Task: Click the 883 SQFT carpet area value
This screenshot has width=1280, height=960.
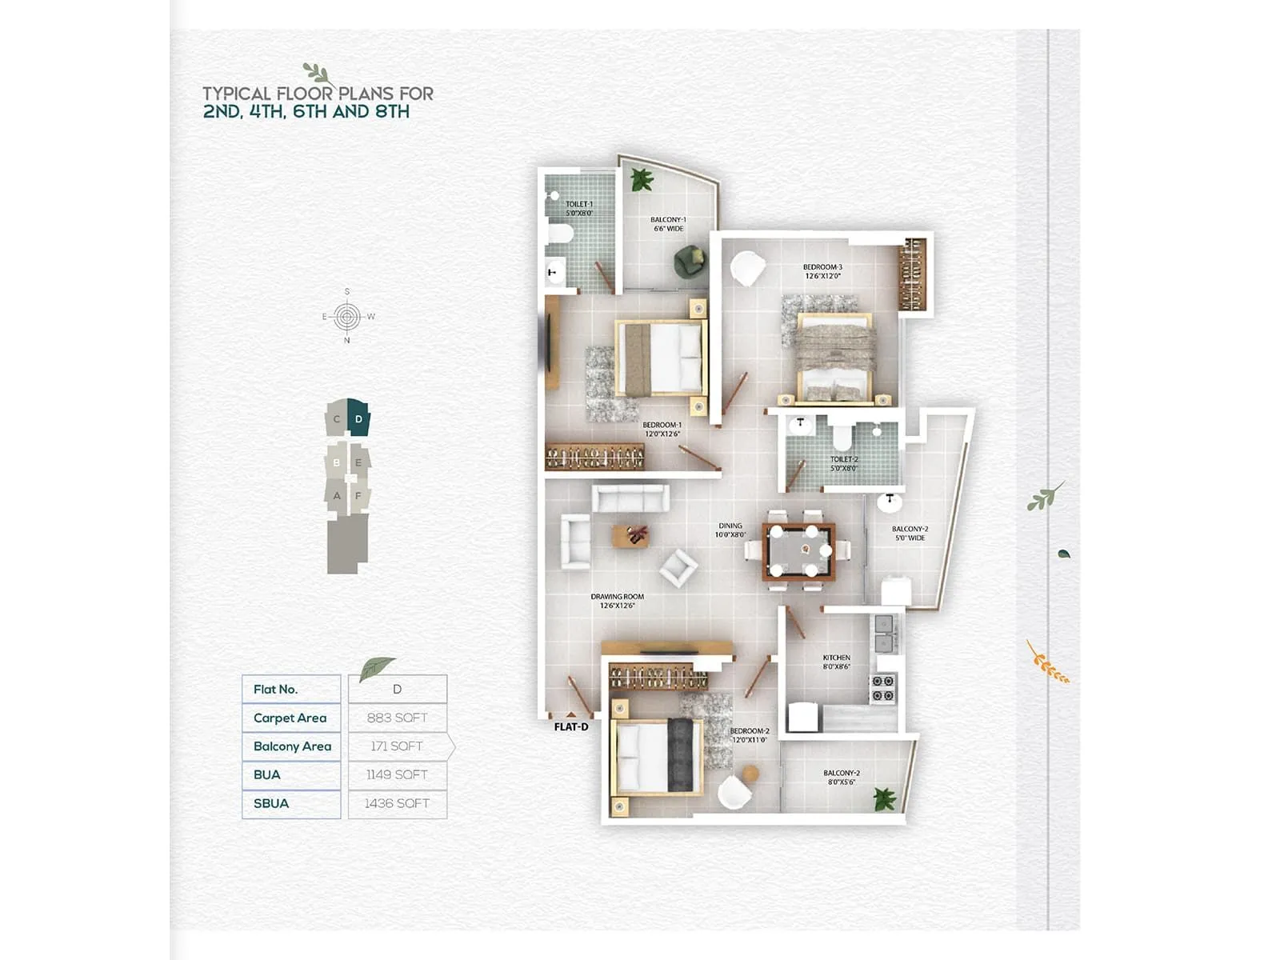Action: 397,718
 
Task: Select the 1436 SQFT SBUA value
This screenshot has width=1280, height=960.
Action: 397,803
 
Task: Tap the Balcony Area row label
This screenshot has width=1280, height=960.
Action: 292,746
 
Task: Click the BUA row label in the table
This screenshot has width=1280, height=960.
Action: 267,774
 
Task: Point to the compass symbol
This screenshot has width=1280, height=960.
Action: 346,317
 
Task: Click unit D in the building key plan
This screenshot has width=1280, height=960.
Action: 358,418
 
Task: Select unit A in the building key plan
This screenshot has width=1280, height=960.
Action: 337,496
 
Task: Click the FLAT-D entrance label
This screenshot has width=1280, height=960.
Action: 571,727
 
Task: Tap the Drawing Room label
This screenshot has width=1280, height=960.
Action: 617,601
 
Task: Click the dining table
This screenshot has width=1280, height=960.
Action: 798,551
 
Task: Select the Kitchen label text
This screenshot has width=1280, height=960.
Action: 837,662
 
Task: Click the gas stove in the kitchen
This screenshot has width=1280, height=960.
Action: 882,688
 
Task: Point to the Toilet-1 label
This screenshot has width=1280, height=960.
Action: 579,209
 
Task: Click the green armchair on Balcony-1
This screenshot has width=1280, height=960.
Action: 690,261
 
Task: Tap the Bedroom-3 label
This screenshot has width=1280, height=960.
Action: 822,271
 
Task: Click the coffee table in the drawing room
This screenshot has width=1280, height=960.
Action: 630,536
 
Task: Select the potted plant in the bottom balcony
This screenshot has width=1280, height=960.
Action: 883,798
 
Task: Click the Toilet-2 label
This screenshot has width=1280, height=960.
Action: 843,463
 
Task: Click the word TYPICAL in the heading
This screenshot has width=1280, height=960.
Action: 237,94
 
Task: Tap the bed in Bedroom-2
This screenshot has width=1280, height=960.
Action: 656,756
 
